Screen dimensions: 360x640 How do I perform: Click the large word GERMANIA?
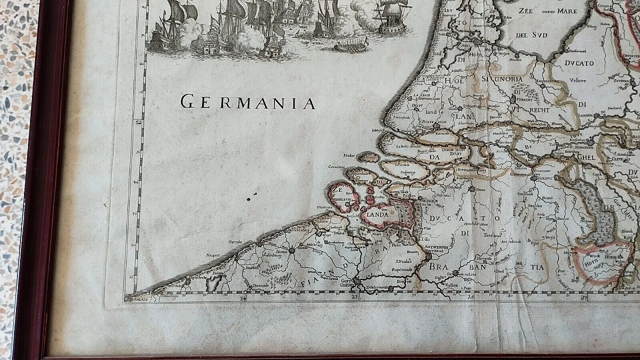tap(248, 102)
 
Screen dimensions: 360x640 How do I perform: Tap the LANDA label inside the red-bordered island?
tap(378, 214)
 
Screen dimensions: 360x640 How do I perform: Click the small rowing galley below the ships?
tap(351, 45)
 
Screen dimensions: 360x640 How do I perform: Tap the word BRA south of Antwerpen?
tap(438, 266)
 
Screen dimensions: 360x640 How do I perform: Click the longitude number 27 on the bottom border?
tap(584, 298)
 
